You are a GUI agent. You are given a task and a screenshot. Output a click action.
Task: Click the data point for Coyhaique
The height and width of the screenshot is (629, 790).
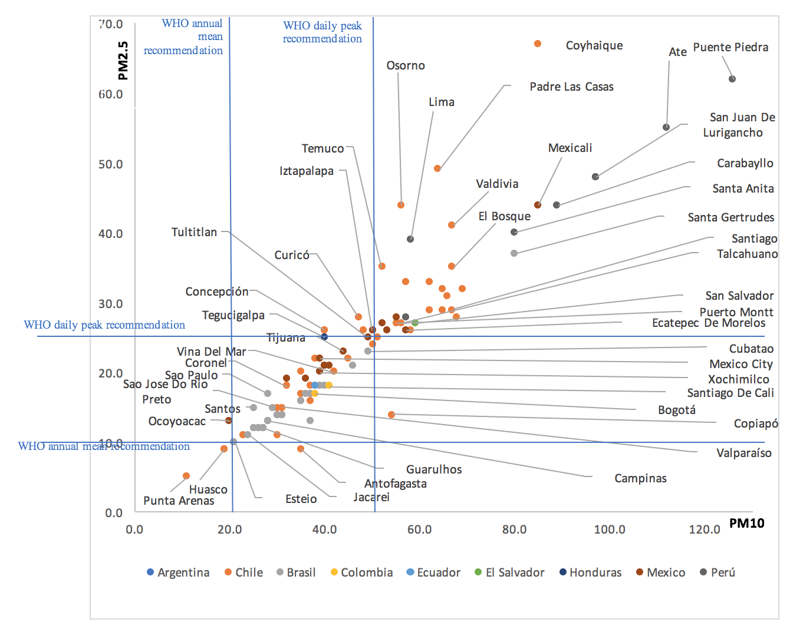pos(538,44)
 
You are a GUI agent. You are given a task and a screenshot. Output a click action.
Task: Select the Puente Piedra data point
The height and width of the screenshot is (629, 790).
pos(732,79)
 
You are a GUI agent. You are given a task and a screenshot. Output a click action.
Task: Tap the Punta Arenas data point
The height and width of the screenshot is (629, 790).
pos(186,476)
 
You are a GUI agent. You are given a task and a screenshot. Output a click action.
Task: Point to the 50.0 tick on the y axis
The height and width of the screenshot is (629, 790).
pos(111,164)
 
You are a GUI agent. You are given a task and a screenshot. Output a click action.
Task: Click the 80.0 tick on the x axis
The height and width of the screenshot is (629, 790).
pos(515,529)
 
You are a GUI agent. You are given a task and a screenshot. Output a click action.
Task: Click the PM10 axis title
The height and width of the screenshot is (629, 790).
pos(747,523)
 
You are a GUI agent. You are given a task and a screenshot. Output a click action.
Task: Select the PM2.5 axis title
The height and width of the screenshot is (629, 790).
pos(123,61)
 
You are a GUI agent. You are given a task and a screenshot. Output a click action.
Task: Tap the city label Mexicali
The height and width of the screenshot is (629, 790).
pos(570,148)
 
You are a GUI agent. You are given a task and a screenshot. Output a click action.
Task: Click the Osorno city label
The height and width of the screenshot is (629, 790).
pos(406,65)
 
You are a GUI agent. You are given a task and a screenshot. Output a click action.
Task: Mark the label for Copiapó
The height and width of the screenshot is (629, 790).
pos(756,423)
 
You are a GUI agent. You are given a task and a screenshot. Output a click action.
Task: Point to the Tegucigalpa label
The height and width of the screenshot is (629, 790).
pos(233,315)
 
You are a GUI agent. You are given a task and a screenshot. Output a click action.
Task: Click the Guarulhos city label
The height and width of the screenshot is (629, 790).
pos(434,469)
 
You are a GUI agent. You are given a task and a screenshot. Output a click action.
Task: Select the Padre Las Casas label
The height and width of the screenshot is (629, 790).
pos(571,87)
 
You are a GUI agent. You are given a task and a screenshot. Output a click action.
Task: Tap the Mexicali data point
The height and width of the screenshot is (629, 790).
pos(538,205)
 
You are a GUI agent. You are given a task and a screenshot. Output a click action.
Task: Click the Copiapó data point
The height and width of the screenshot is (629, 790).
pos(391,415)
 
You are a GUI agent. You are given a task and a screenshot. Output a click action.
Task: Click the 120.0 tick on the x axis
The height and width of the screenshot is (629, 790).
pos(705,529)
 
